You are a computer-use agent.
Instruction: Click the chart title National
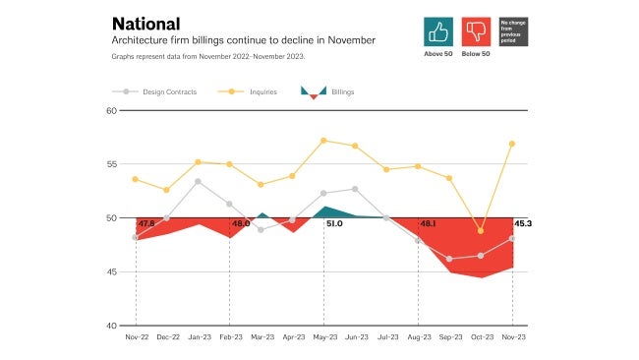pos(145,23)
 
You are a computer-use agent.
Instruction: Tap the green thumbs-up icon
pos(438,31)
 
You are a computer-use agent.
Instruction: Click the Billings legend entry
pos(326,91)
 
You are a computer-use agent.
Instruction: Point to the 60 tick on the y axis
pos(111,110)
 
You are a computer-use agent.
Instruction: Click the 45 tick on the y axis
pos(111,271)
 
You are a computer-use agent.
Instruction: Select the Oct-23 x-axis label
pos(481,337)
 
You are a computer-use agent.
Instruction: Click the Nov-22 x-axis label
pos(136,337)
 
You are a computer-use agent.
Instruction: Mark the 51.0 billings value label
pos(334,224)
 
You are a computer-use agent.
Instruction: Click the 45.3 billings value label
pos(523,224)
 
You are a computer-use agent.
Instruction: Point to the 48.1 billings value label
pos(430,224)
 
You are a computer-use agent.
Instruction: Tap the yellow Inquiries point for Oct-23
pos(481,230)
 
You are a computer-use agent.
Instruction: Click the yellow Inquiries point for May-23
pos(323,141)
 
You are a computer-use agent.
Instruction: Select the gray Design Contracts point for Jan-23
pos(199,181)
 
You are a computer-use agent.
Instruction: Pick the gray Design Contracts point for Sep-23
pos(449,259)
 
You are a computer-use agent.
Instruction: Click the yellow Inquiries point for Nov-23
pos(512,144)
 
